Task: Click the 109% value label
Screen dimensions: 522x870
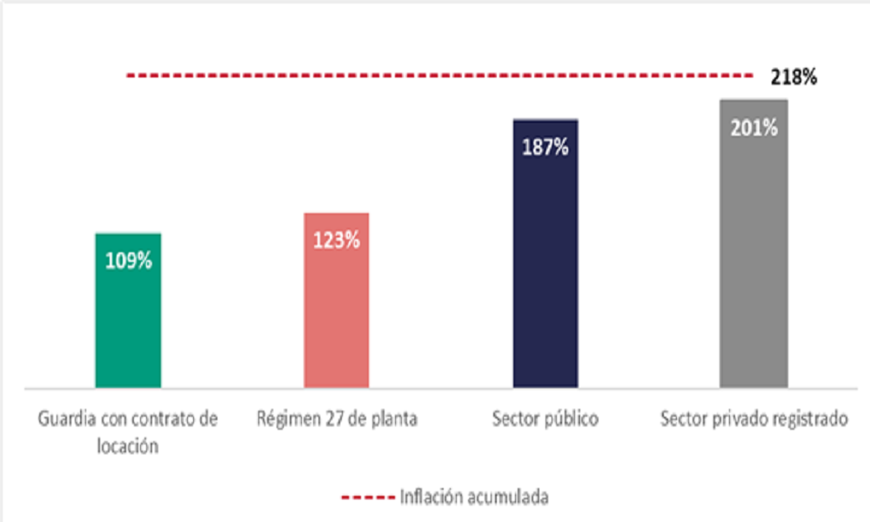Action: click(x=128, y=260)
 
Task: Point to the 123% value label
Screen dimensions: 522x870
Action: click(x=337, y=240)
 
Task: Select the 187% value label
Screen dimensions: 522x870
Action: click(x=545, y=146)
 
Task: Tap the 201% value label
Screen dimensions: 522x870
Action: click(x=754, y=128)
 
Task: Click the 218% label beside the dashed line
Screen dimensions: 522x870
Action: click(x=793, y=77)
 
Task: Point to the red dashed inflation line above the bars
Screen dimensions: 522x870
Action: click(x=435, y=77)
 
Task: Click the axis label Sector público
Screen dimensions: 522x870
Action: click(x=545, y=419)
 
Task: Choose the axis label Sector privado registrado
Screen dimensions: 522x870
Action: click(x=753, y=419)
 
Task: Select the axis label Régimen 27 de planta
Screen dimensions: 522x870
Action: click(x=337, y=419)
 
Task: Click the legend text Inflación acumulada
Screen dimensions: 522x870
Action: click(x=474, y=498)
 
